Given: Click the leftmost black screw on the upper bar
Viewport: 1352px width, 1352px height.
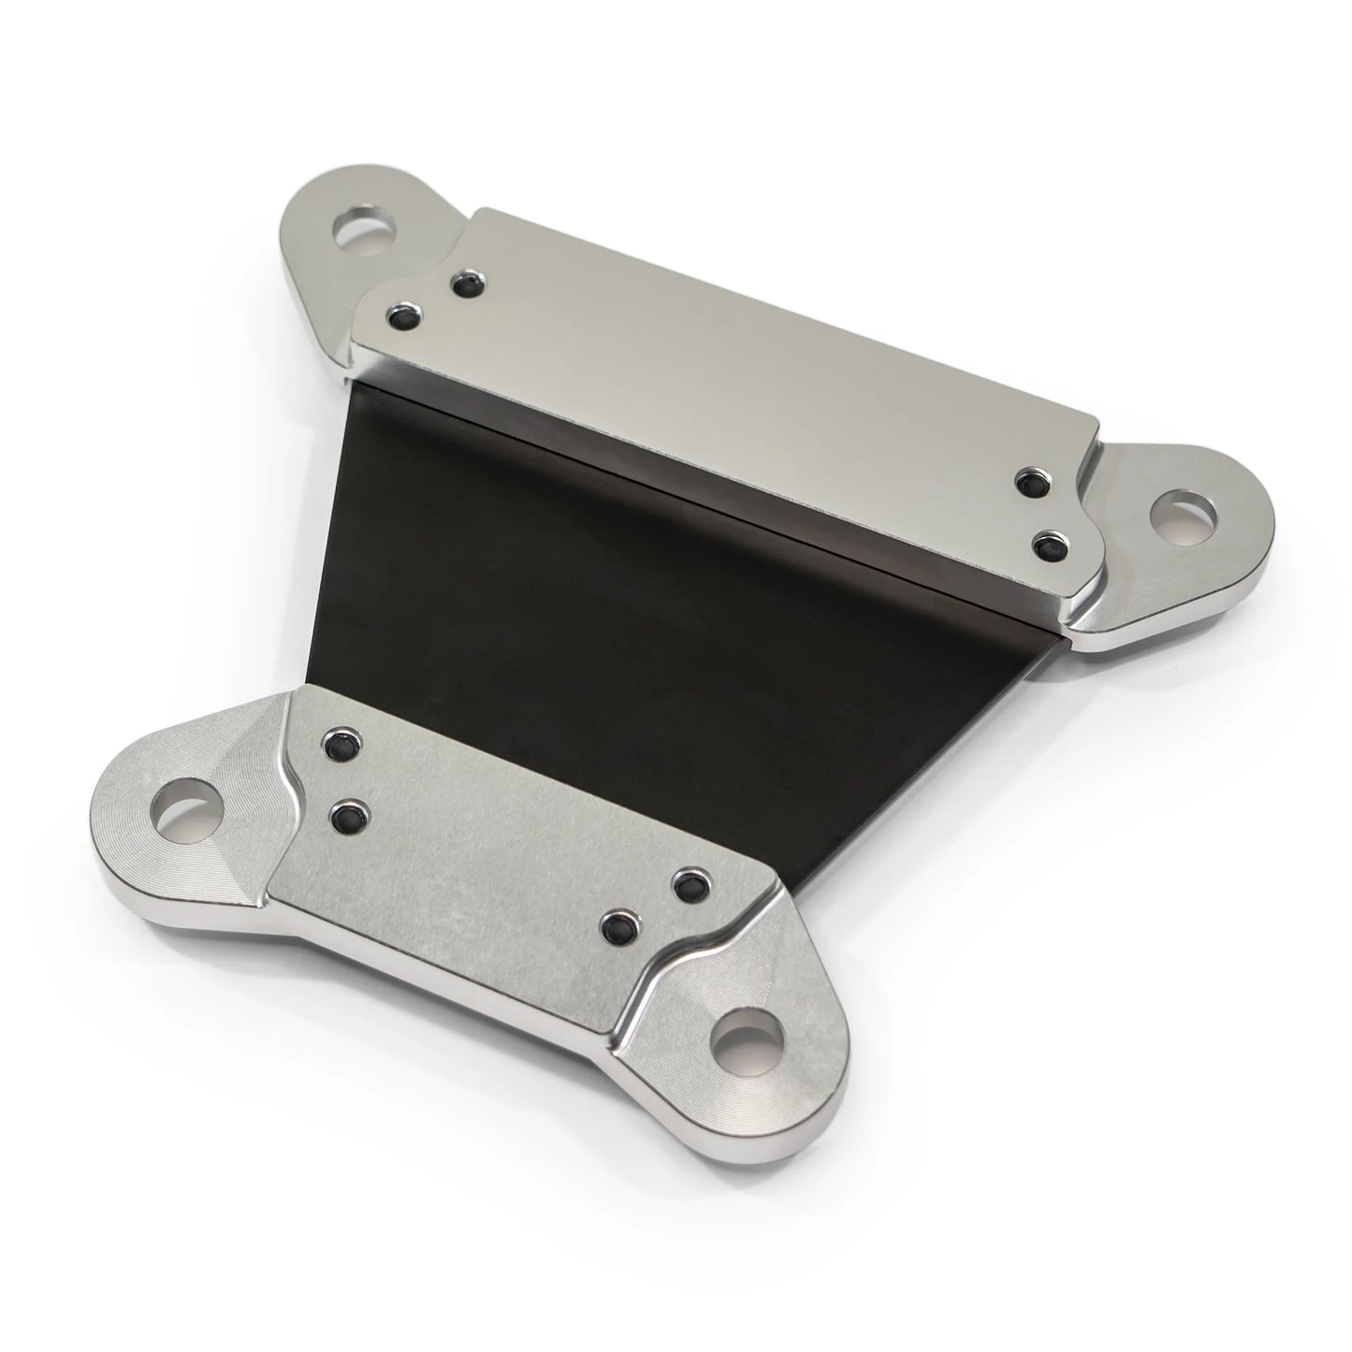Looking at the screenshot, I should [406, 313].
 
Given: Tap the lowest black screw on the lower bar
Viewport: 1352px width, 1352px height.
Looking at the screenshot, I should [619, 928].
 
